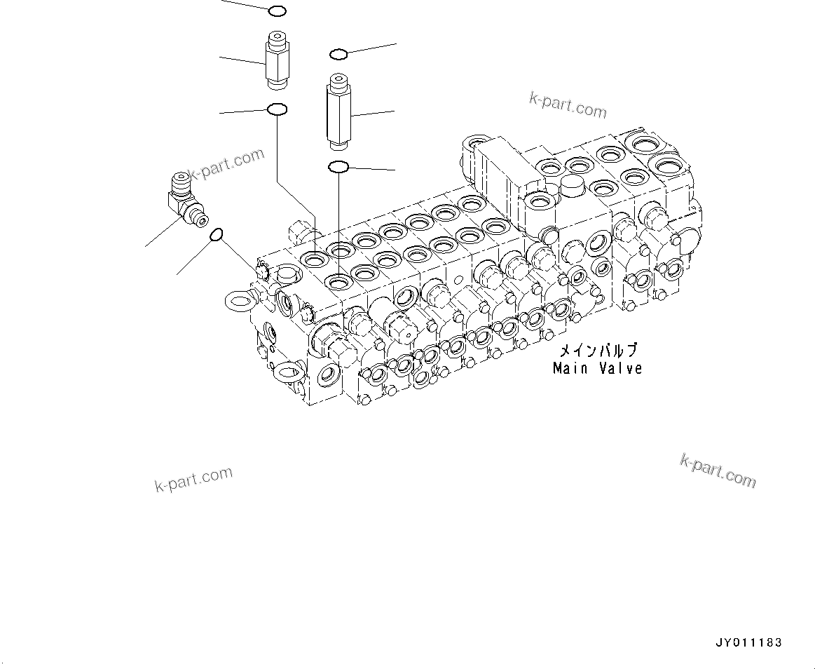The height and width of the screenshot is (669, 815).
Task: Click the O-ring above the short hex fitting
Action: point(277,11)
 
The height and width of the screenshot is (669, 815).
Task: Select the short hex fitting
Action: point(276,61)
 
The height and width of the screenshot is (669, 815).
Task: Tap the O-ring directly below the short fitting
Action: point(277,109)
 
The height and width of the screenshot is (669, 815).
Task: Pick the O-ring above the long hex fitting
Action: point(338,54)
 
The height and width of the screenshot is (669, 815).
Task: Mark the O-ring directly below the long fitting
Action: point(338,167)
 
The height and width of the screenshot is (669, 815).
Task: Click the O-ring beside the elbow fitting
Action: point(217,235)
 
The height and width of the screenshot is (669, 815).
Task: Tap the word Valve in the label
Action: point(620,368)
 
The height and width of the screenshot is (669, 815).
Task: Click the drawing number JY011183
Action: point(748,642)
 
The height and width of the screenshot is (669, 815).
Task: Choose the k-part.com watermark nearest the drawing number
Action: point(718,470)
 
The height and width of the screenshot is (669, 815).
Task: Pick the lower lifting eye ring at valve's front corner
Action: point(287,372)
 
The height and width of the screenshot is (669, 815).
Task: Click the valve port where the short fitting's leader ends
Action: point(313,258)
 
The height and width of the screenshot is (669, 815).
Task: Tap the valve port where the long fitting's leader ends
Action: point(340,283)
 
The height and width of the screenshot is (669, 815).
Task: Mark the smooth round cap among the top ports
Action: point(574,185)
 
